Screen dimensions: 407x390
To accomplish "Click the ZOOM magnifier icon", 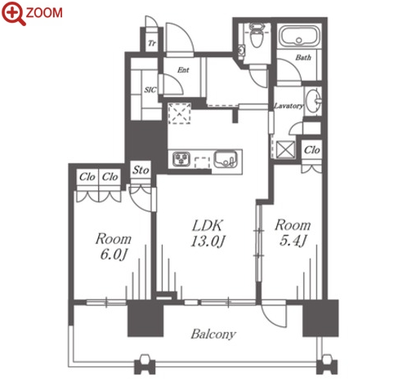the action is (x=13, y=13).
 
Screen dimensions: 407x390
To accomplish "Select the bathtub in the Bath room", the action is (x=299, y=37).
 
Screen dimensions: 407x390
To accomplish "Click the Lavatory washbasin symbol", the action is (x=314, y=100).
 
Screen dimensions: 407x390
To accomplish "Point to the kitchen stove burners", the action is (x=181, y=159).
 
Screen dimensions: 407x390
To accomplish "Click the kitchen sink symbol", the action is (x=226, y=159).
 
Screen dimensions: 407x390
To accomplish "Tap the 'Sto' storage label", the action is (x=141, y=171).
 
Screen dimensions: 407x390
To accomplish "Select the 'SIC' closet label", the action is (x=150, y=90).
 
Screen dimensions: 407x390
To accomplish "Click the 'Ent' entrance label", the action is (x=183, y=70).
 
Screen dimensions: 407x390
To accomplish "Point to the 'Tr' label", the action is (x=152, y=43).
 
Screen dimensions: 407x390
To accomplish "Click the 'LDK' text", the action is (x=208, y=225).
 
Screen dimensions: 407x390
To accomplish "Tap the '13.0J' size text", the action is (x=208, y=242).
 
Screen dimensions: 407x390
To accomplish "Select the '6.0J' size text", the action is (x=114, y=255).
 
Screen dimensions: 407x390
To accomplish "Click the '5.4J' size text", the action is (x=293, y=241).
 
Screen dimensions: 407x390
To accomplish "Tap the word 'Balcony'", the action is (x=213, y=335).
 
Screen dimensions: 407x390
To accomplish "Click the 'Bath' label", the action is (x=303, y=57).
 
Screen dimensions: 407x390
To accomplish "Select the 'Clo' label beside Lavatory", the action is (x=312, y=150).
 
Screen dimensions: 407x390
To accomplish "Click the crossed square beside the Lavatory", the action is (x=285, y=149).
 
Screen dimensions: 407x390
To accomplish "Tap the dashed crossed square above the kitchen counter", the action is (x=179, y=113).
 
